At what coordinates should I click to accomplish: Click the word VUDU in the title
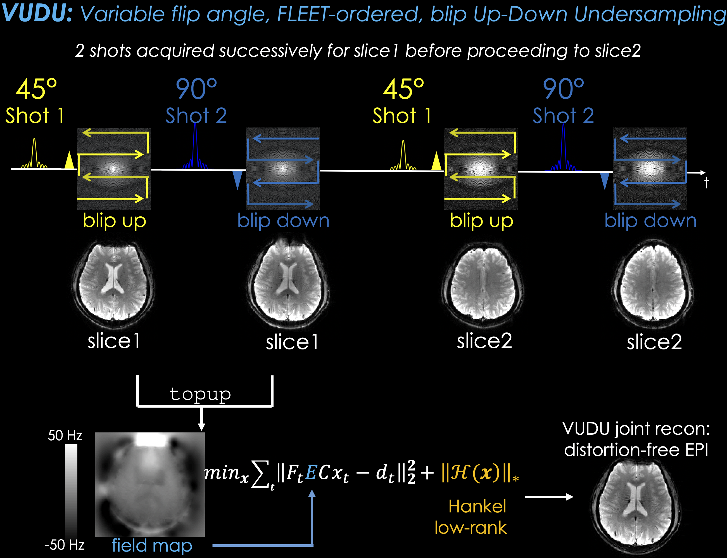[x=37, y=13]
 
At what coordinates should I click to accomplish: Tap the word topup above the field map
[x=200, y=394]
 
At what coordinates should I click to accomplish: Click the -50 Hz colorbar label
[x=64, y=545]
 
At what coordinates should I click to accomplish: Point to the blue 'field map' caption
[x=152, y=545]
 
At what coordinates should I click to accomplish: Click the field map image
[x=150, y=484]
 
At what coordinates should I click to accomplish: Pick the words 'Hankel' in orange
[x=477, y=506]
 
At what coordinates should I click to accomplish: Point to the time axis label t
[x=706, y=183]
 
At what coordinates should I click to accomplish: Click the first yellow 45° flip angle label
[x=36, y=89]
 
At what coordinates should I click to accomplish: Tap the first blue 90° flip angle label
[x=196, y=89]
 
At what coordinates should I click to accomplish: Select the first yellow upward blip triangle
[x=69, y=160]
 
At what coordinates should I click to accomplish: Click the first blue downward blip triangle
[x=237, y=180]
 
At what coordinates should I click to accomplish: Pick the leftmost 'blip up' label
[x=114, y=221]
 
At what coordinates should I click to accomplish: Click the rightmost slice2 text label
[x=654, y=342]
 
